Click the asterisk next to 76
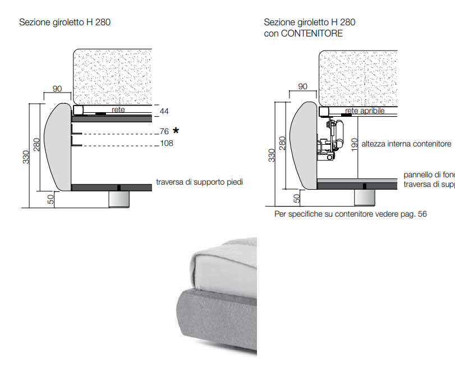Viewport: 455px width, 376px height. (x=176, y=131)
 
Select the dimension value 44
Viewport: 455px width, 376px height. (x=164, y=112)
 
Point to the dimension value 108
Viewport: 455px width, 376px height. (x=166, y=143)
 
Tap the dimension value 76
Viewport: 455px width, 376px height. (x=164, y=131)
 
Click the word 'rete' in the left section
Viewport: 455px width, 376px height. (x=118, y=110)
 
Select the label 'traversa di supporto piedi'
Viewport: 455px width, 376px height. (x=199, y=182)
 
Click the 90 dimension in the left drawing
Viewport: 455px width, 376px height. (x=57, y=89)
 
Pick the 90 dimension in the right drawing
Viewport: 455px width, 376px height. (x=302, y=86)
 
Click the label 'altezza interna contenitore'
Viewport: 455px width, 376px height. (x=406, y=144)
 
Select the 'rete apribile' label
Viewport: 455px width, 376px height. (x=365, y=111)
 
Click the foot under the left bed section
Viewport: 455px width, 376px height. (x=119, y=199)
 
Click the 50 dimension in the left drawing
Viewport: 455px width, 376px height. (x=50, y=199)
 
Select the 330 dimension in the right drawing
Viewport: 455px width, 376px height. (x=272, y=155)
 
